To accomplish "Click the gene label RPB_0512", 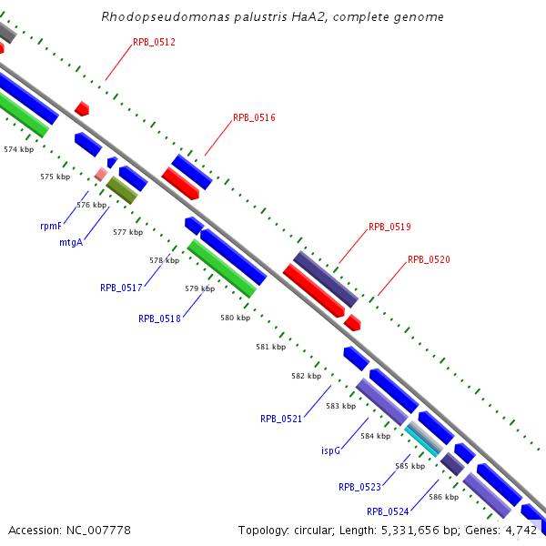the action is pyautogui.click(x=154, y=42).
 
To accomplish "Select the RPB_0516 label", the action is pyautogui.click(x=254, y=117).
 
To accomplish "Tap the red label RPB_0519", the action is pyautogui.click(x=389, y=227).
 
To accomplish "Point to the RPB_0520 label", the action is pyautogui.click(x=429, y=259).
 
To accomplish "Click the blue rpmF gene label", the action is pyautogui.click(x=51, y=225).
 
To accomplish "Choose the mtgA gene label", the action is pyautogui.click(x=71, y=242).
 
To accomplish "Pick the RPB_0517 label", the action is pyautogui.click(x=121, y=288).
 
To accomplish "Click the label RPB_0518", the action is pyautogui.click(x=159, y=318).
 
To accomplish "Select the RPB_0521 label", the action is pyautogui.click(x=281, y=419).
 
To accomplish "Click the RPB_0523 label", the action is pyautogui.click(x=359, y=487).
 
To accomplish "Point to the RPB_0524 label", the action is pyautogui.click(x=388, y=511).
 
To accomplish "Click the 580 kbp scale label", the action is pyautogui.click(x=235, y=318).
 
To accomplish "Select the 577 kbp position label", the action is pyautogui.click(x=128, y=232).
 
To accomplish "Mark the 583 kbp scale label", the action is pyautogui.click(x=340, y=405).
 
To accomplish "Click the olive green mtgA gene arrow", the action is pyautogui.click(x=121, y=189).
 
